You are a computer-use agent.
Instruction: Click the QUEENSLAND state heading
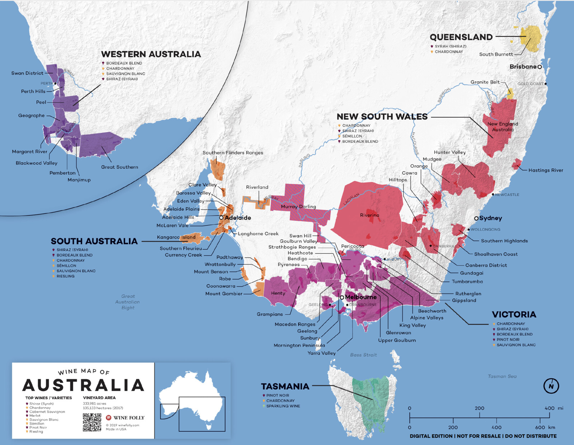(461, 37)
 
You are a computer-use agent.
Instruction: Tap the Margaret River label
(29, 151)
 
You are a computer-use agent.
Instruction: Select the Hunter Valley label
(450, 152)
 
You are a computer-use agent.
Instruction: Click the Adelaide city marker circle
(221, 218)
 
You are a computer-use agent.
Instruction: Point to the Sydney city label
(490, 218)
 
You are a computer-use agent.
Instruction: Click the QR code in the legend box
(92, 422)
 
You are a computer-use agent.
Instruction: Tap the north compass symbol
(551, 386)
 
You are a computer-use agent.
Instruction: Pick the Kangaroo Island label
(176, 237)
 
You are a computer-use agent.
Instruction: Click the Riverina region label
(370, 215)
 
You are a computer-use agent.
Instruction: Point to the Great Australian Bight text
(128, 302)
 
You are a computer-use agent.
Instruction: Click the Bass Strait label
(363, 355)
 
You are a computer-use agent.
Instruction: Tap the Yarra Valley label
(321, 353)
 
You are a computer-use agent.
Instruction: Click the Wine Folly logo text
(129, 418)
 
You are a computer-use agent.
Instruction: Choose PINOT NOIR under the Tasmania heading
(277, 395)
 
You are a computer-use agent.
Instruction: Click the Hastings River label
(546, 170)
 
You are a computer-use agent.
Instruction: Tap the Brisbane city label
(523, 67)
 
